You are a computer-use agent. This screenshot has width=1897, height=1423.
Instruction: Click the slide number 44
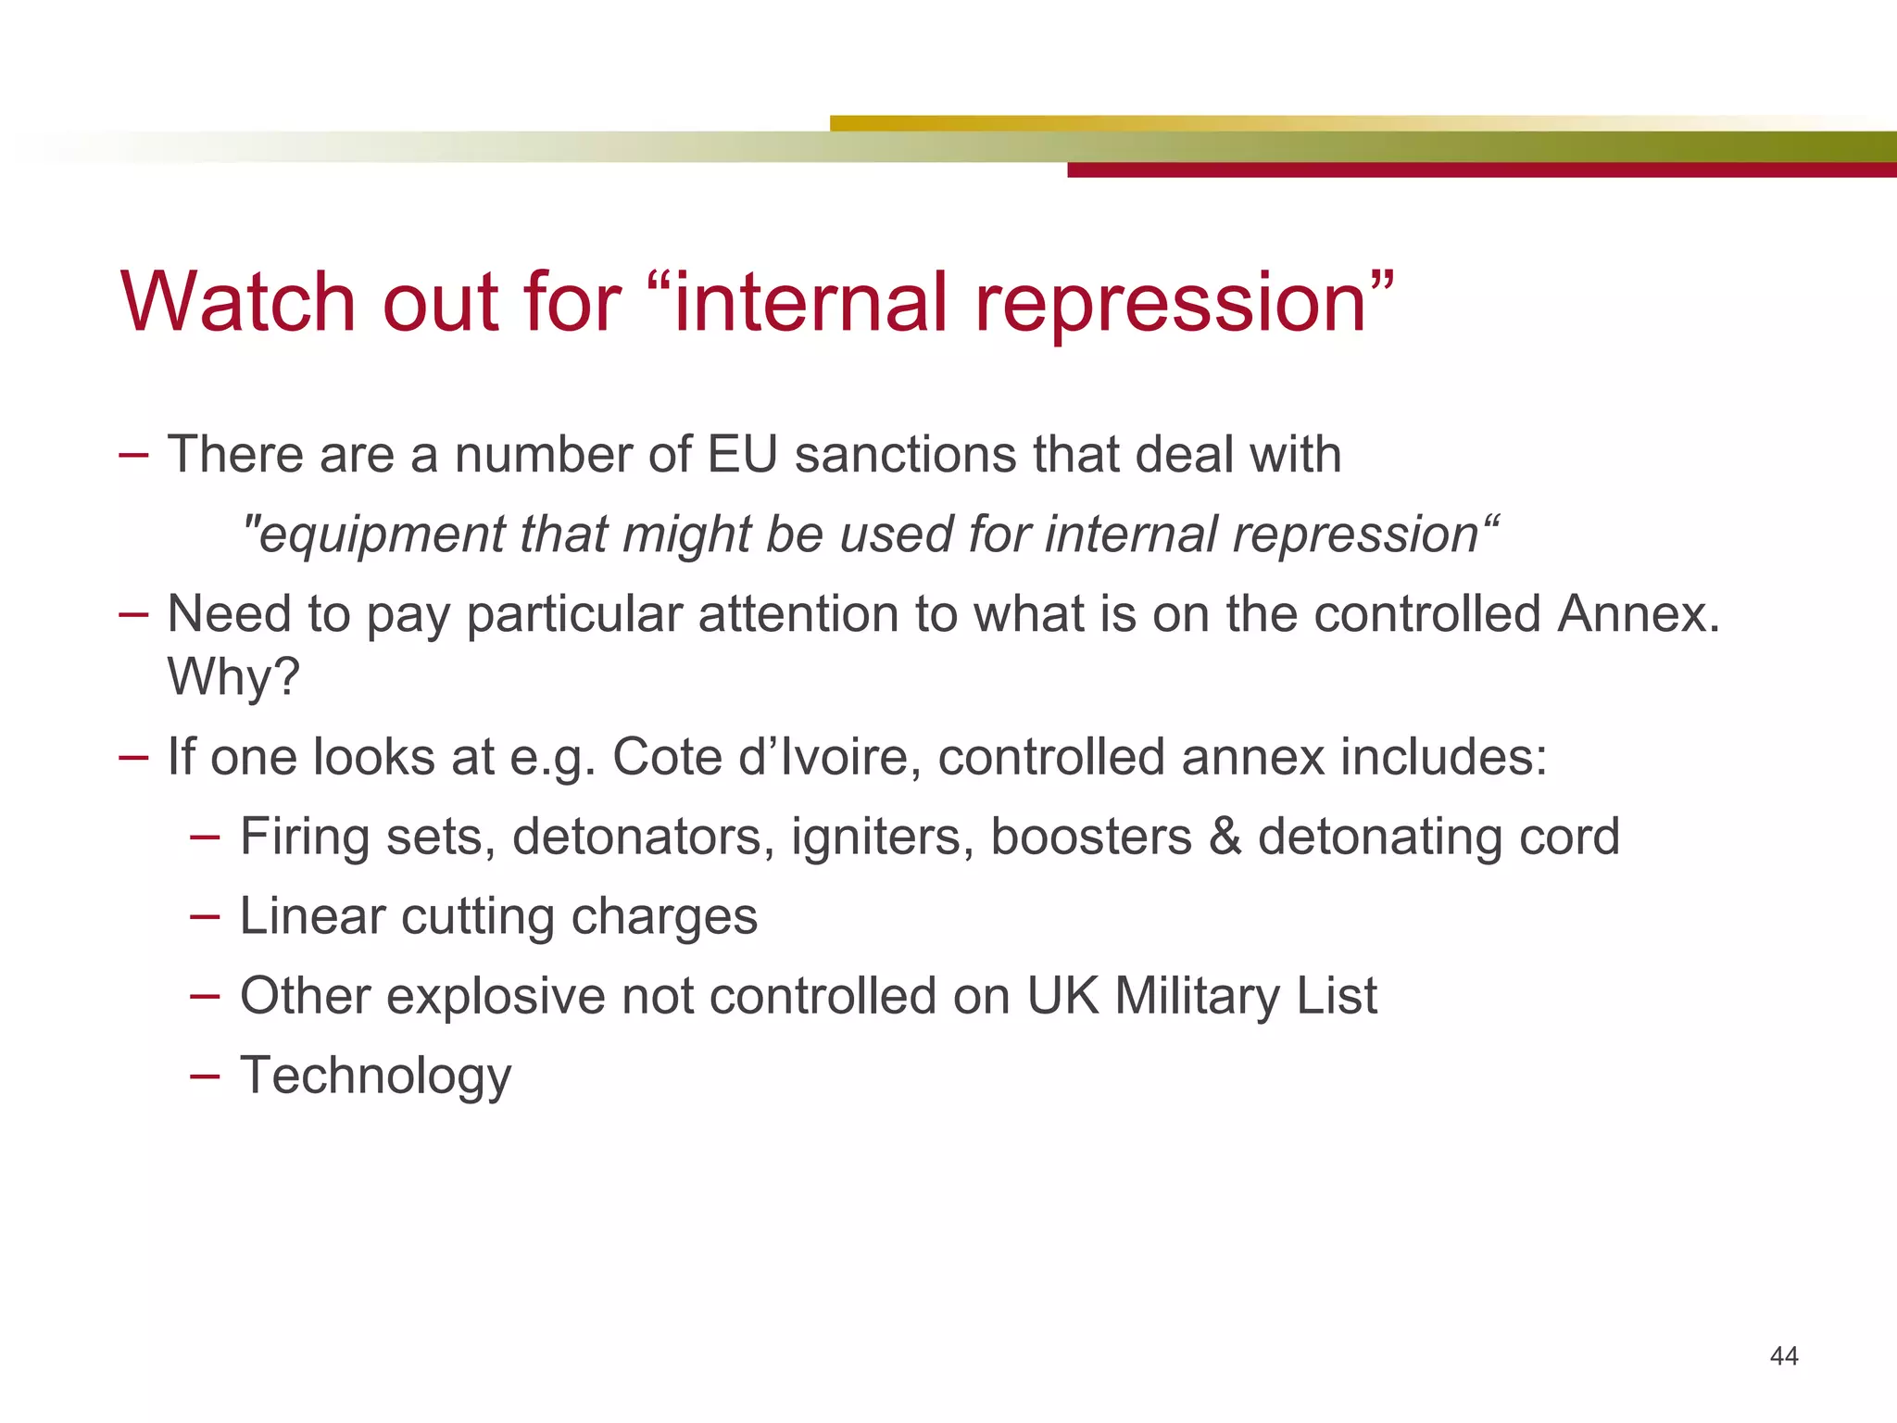coord(1783,1356)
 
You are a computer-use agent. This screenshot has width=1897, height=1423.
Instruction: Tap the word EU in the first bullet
coord(742,455)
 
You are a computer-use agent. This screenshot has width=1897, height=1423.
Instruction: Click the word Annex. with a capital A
coord(1638,614)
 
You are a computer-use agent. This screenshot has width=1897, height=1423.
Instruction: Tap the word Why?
coord(233,676)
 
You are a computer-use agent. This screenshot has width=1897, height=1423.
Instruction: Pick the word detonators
coord(643,837)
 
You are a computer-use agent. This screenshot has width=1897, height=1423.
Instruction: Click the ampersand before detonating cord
coord(1225,837)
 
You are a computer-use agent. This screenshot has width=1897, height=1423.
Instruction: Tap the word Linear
coord(312,916)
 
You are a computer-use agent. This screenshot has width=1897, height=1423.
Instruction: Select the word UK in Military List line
coord(1062,996)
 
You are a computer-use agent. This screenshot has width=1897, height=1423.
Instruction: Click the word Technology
coord(375,1076)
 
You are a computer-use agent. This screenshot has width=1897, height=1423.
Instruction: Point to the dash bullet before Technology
coord(204,1076)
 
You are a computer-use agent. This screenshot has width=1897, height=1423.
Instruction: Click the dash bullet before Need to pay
coord(133,614)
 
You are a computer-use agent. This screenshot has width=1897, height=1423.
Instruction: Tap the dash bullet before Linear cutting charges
coord(204,916)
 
